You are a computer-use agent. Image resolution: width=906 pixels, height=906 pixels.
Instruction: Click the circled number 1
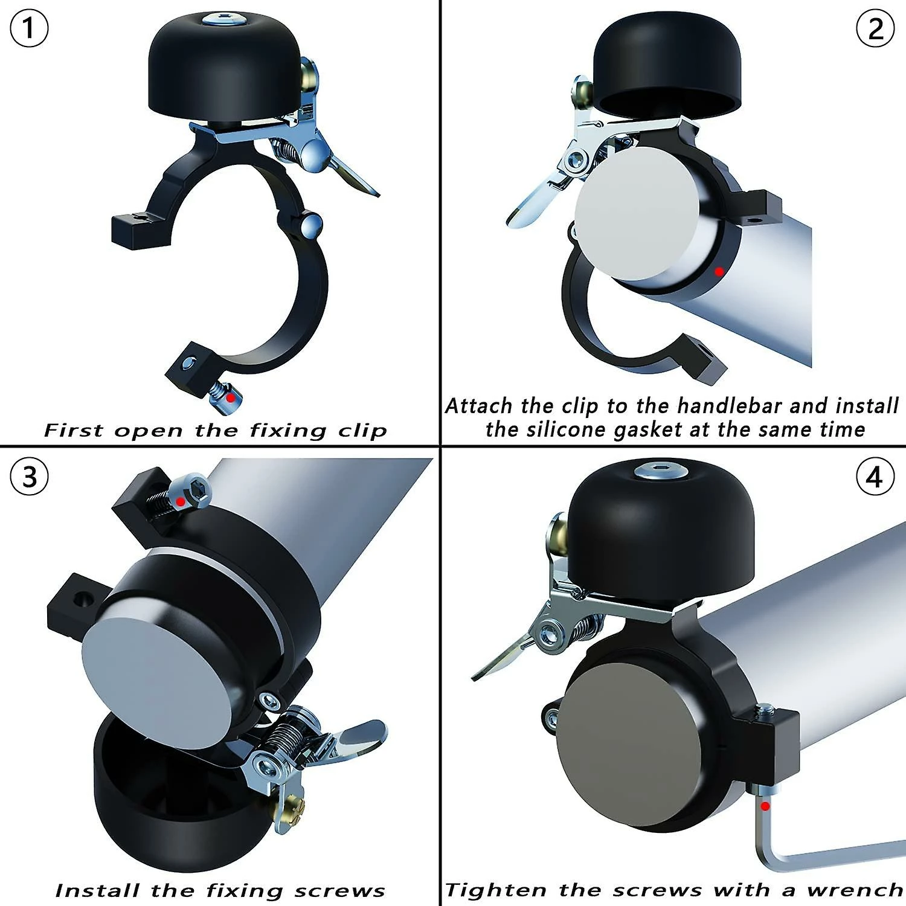click(29, 29)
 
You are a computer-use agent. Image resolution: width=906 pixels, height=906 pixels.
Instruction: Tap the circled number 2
click(875, 29)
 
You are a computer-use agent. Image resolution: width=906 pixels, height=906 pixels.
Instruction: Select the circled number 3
click(29, 477)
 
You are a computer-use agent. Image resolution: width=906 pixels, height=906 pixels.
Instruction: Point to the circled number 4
click(875, 477)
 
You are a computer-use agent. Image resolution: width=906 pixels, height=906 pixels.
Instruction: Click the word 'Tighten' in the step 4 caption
click(495, 890)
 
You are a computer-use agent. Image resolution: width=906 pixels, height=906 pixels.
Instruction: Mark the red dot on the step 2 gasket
click(719, 272)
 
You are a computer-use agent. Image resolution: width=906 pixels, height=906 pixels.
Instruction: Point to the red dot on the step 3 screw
click(180, 501)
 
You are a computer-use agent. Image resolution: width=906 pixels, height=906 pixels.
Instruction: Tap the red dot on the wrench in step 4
click(765, 806)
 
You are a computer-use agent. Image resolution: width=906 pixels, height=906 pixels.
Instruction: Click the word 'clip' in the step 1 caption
click(362, 431)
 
